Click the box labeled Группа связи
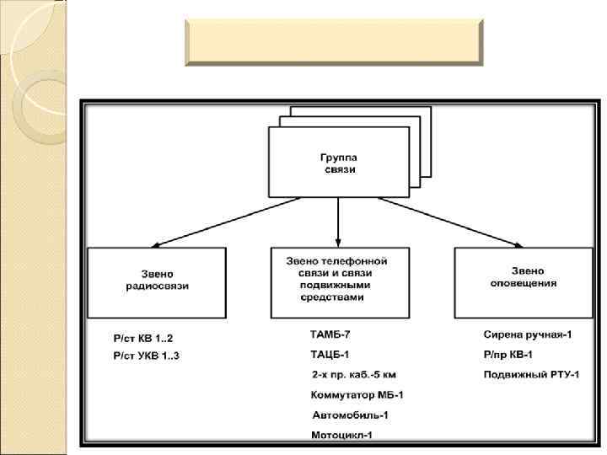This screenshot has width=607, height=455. (338, 163)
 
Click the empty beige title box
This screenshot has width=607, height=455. (333, 43)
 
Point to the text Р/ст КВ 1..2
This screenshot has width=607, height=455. (142, 337)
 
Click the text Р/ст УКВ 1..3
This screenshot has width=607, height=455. (147, 356)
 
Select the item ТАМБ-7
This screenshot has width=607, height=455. (330, 335)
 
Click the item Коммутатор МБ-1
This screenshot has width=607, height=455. (358, 394)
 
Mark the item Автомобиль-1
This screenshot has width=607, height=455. (351, 415)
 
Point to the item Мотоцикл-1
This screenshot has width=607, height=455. (341, 435)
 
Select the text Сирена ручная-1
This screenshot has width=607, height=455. (528, 335)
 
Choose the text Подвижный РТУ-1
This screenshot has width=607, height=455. (531, 374)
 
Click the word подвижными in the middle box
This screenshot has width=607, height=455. (340, 286)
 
